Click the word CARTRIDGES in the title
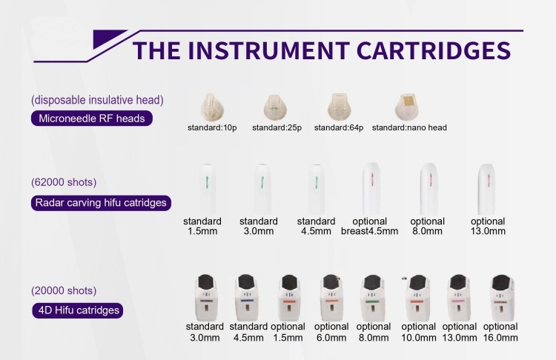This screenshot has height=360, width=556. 434,50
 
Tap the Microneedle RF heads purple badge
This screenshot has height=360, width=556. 92,119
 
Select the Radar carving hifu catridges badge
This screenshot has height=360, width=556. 101,203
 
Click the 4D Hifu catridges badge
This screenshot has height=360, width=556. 78,310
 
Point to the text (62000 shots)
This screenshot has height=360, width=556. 64,182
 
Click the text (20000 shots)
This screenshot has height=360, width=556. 64,290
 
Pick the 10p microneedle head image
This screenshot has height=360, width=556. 212,107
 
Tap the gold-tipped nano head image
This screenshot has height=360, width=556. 407,107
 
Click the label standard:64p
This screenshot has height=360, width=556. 339,127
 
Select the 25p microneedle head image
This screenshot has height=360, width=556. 275,107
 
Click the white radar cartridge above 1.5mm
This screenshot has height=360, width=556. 206,189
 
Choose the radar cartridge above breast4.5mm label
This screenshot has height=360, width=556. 371,189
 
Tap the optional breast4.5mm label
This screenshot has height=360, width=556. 369,226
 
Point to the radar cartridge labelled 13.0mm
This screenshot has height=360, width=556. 486,189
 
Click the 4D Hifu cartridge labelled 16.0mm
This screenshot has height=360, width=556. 501,298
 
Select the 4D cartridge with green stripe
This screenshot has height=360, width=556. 372,298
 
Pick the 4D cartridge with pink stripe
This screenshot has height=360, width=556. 458,298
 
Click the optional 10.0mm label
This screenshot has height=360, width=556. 419,333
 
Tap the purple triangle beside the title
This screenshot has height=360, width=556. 106,38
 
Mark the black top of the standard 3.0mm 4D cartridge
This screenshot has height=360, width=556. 205,281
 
